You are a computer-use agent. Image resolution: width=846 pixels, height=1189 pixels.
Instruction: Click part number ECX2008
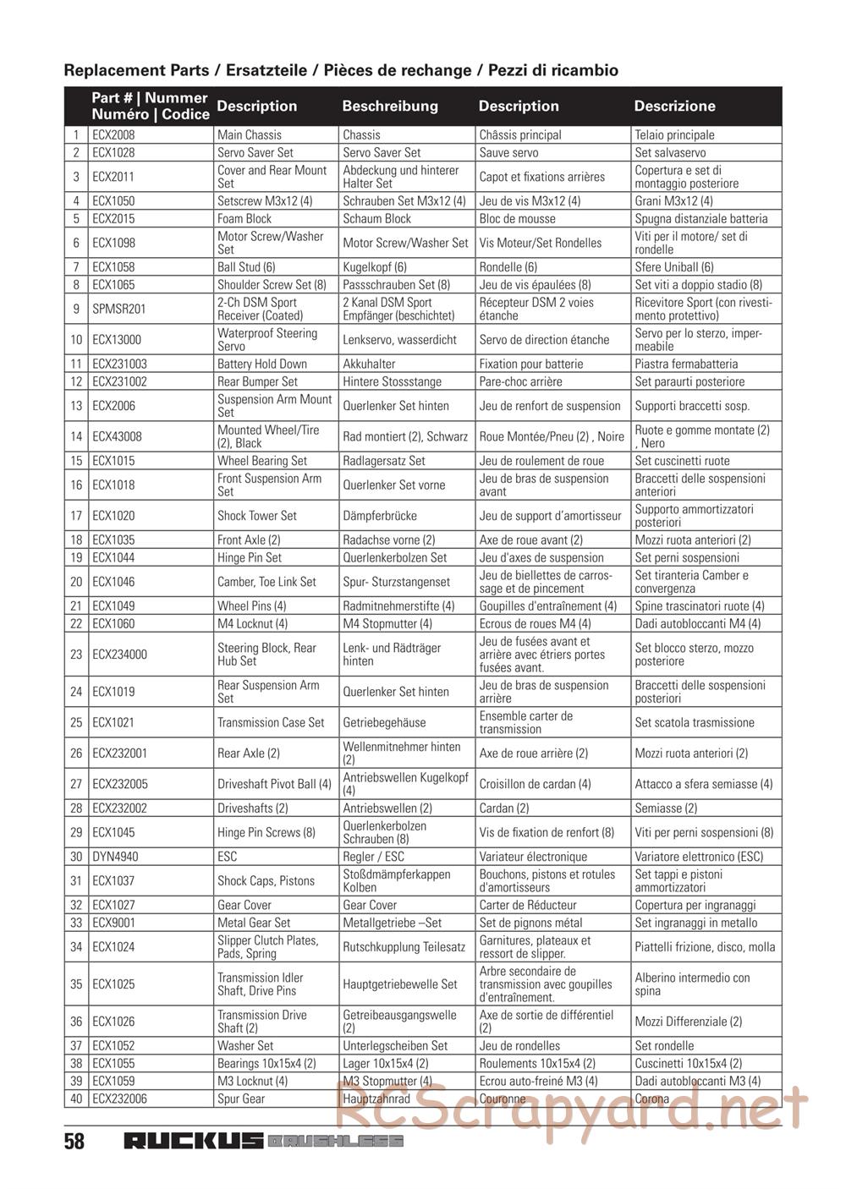[x=113, y=134]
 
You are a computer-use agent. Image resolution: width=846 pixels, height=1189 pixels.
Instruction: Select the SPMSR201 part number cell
[x=118, y=309]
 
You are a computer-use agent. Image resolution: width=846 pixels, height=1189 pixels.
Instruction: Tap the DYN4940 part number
[x=115, y=857]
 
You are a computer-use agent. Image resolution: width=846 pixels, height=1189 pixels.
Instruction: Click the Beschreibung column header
[x=390, y=107]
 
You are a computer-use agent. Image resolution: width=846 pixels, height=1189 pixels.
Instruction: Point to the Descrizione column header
[x=674, y=107]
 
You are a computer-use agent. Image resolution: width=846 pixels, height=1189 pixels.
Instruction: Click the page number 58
[x=74, y=1142]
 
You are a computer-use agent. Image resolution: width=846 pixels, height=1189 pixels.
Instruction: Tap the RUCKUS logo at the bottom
[x=194, y=1141]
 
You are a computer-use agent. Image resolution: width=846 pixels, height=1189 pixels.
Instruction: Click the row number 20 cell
[x=76, y=582]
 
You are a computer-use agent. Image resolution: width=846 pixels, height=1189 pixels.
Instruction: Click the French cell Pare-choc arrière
[x=520, y=381]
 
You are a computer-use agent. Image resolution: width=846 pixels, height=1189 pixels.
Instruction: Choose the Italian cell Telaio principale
[x=674, y=134]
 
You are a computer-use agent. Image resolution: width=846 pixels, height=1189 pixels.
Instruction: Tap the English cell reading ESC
[x=227, y=857]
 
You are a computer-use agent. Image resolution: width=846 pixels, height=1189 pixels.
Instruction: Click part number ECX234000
[x=119, y=655]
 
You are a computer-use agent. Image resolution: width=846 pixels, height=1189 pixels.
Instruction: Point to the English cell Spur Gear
[x=241, y=1099]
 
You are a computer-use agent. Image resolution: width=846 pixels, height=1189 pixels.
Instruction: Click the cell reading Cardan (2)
[x=504, y=808]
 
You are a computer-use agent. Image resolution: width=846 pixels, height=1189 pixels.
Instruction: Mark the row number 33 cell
[x=76, y=923]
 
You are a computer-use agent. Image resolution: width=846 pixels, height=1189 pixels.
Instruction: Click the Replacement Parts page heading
[x=341, y=70]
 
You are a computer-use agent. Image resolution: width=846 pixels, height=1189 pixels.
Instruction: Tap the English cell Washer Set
[x=245, y=1045]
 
